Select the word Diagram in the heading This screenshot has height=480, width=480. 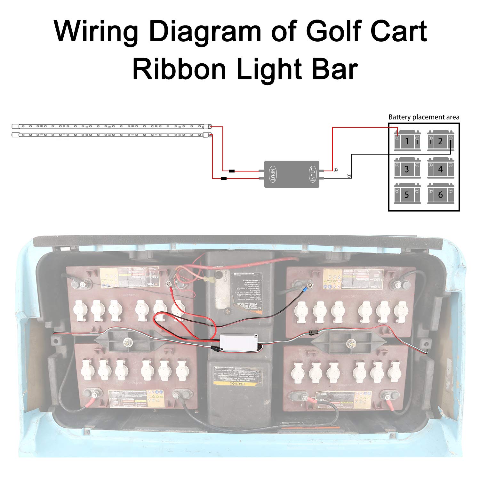(205, 31)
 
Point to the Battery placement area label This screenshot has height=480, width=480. (424, 117)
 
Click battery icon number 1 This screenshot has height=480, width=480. (407, 141)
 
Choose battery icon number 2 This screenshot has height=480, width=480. (441, 141)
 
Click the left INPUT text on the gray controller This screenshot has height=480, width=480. (273, 174)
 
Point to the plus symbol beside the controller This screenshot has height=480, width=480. (335, 170)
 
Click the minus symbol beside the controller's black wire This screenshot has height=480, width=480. (349, 176)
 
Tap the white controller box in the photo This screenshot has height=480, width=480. (239, 341)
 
